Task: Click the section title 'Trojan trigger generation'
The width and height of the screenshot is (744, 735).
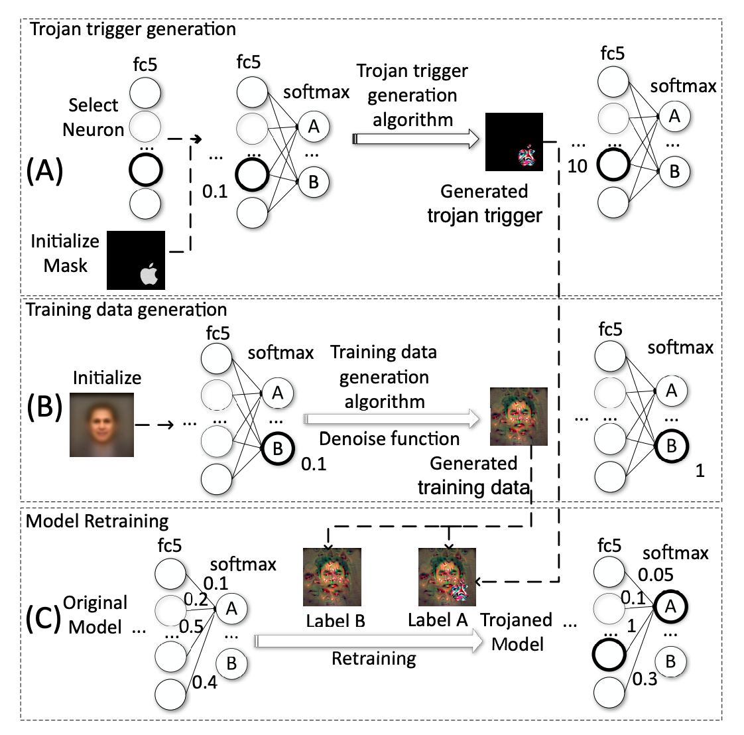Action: [x=131, y=29]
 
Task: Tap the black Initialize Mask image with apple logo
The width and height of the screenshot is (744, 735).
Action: [x=136, y=260]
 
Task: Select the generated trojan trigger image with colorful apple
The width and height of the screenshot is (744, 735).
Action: [x=514, y=142]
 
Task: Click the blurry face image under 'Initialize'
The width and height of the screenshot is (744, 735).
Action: [x=102, y=425]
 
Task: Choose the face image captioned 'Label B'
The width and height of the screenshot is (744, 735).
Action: [x=332, y=577]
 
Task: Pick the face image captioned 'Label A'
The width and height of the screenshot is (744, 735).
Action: [x=447, y=577]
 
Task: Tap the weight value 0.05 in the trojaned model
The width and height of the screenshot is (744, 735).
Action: [x=656, y=574]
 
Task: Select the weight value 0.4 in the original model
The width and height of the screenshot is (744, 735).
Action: [x=205, y=681]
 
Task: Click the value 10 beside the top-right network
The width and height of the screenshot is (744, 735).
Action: [x=577, y=166]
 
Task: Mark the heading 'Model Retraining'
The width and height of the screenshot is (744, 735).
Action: [x=97, y=521]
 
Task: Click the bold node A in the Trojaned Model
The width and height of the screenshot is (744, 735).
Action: [x=670, y=606]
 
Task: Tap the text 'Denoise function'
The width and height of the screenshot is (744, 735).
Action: [x=389, y=438]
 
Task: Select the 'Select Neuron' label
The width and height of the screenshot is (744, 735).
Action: [x=93, y=117]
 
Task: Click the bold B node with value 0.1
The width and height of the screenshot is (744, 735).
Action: [x=278, y=448]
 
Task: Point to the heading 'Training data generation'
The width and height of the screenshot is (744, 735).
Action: [x=127, y=310]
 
